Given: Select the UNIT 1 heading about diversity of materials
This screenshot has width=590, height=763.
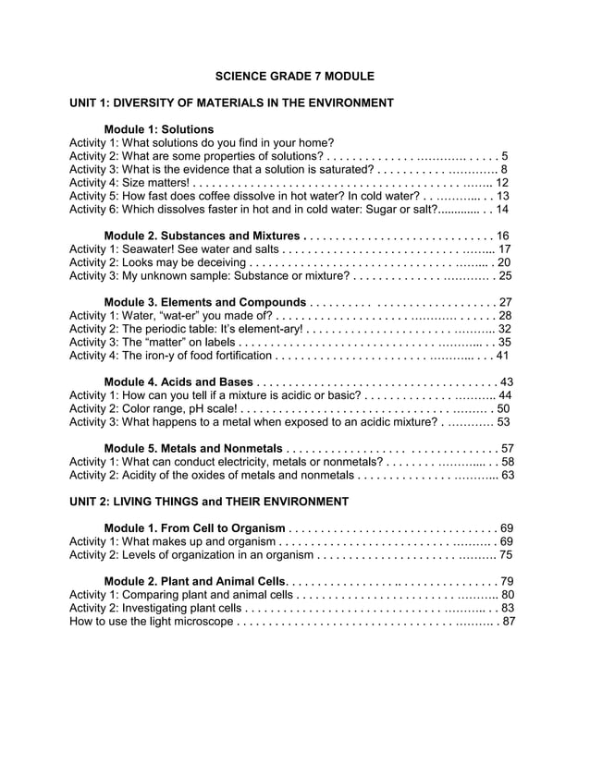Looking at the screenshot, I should pos(232,103).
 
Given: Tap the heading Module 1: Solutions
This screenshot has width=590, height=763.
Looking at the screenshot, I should pos(159,129).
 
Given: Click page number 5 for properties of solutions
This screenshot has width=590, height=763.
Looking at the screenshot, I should pos(505,156).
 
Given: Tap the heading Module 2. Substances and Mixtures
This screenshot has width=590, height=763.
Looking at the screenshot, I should pos(203,236).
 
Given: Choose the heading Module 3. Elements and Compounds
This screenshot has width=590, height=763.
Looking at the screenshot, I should pos(205,302).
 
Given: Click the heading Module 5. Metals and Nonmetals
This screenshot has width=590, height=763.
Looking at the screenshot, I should pos(193,449).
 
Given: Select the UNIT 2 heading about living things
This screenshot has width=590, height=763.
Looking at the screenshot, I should pos(209,502).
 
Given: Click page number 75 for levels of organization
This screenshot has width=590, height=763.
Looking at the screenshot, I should pos(505,555).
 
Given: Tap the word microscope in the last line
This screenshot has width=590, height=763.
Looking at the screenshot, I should pos(203,622).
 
